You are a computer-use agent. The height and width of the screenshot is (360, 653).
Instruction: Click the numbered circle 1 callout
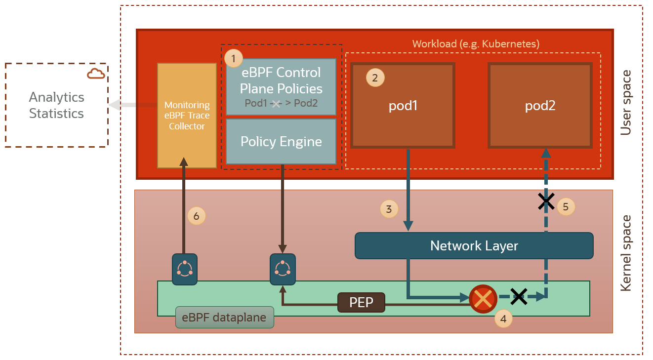tap(234, 58)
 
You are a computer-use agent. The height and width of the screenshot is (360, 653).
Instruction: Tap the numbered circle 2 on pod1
tap(375, 78)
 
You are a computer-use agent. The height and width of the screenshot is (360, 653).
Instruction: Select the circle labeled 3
tap(389, 209)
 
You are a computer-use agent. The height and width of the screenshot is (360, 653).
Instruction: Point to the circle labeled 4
tap(503, 319)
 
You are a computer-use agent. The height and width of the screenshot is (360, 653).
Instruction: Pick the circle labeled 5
tap(566, 206)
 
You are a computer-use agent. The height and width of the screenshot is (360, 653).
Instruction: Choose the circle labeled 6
tap(196, 216)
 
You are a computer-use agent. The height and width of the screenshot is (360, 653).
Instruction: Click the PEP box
tap(361, 302)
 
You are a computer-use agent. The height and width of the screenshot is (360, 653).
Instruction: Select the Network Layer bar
tap(474, 245)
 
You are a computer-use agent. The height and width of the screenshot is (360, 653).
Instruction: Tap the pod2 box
tap(540, 106)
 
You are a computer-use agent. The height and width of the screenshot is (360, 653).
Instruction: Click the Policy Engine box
tap(281, 142)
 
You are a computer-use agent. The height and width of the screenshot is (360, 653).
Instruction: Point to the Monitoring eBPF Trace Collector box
tap(187, 116)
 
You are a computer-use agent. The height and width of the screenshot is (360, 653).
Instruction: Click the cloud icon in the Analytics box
tap(96, 74)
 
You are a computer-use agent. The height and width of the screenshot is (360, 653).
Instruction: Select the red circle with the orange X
tap(483, 299)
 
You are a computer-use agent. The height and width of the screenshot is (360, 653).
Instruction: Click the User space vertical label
tap(626, 103)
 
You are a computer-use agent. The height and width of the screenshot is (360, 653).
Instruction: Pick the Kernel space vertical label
tap(626, 253)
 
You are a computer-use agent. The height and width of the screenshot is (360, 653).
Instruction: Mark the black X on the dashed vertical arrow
tap(546, 201)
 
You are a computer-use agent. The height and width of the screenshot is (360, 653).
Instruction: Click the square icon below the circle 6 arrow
tap(185, 269)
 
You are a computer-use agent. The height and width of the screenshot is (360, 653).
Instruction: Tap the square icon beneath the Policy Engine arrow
tap(283, 269)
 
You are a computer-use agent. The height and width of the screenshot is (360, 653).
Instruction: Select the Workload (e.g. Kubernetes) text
tap(476, 43)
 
